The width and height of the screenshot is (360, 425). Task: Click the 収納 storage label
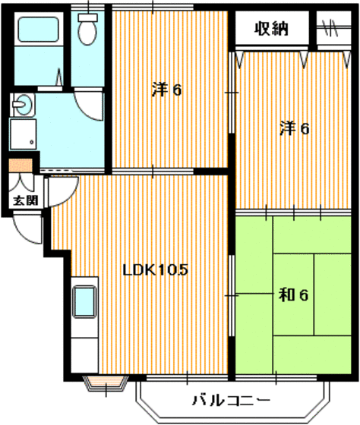coord(271,30)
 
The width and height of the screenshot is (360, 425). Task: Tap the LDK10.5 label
coord(156,269)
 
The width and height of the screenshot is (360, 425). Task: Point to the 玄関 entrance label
coord(23,200)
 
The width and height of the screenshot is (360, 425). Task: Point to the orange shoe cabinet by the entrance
coord(20,165)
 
